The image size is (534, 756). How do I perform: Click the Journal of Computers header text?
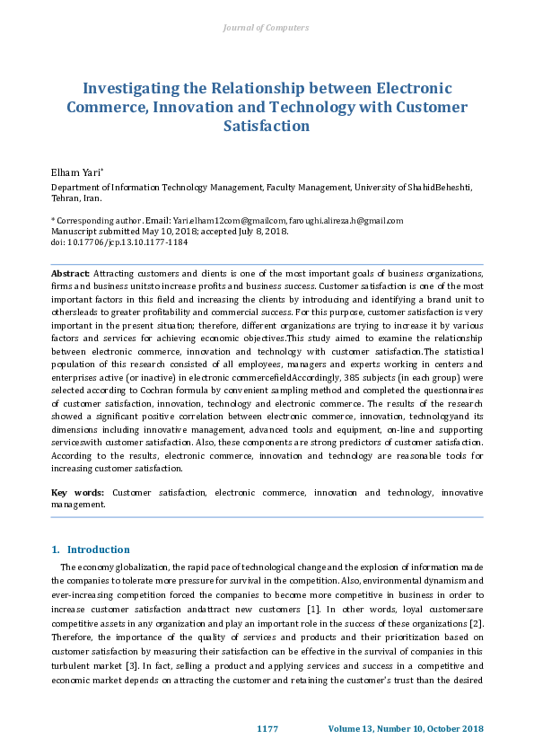pyautogui.click(x=266, y=28)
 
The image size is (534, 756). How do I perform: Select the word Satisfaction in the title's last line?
pyautogui.click(x=266, y=126)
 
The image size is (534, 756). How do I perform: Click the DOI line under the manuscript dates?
pyautogui.click(x=119, y=242)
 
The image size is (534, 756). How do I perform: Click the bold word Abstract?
pyautogui.click(x=71, y=272)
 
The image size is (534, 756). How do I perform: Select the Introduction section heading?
pyautogui.click(x=98, y=549)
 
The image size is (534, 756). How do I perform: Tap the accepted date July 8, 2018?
pyautogui.click(x=260, y=231)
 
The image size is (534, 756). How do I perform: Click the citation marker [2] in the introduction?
pyautogui.click(x=478, y=624)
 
